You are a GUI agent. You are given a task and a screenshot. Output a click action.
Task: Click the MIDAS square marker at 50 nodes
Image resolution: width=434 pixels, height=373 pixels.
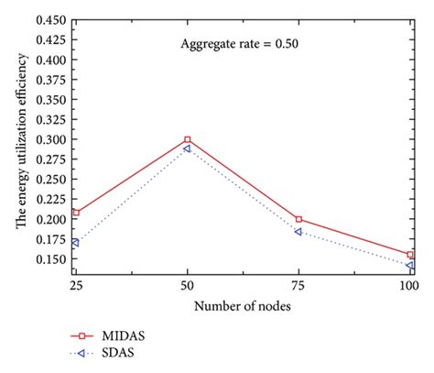click(x=188, y=140)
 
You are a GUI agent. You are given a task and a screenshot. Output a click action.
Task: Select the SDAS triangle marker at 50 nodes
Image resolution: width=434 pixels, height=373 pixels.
click(x=188, y=148)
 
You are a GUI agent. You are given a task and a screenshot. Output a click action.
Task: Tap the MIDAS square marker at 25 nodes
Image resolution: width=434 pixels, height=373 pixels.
click(x=76, y=213)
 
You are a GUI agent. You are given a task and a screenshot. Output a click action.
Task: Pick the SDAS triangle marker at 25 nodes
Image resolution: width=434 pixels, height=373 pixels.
click(x=76, y=243)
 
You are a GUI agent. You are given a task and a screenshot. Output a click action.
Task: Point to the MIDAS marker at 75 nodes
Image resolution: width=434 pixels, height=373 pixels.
click(x=298, y=219)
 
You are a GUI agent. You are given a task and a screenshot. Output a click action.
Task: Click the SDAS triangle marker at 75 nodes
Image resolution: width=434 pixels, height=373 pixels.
click(x=298, y=232)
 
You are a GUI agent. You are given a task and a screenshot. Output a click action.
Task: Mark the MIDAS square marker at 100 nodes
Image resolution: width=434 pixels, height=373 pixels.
click(x=410, y=255)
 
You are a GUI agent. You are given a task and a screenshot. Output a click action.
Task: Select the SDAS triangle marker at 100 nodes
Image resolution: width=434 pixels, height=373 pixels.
click(x=410, y=265)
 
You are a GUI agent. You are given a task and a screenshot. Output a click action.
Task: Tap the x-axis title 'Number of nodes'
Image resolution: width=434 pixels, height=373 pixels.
click(x=243, y=306)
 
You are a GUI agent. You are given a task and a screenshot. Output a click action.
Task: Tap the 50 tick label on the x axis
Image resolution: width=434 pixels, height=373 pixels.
click(x=188, y=287)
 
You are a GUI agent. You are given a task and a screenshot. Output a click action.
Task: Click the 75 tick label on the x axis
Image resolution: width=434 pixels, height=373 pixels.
click(x=298, y=287)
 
